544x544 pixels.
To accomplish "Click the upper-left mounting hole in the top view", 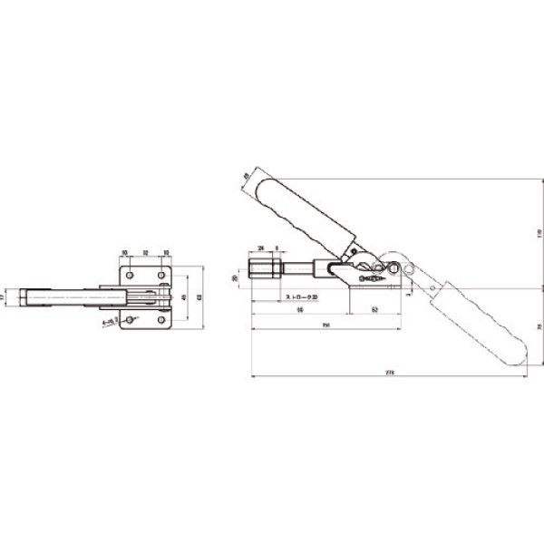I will click(x=131, y=274).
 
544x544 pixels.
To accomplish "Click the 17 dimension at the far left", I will click(x=4, y=296).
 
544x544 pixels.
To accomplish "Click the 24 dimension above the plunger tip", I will click(x=261, y=247).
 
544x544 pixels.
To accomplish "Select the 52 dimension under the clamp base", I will click(x=374, y=310).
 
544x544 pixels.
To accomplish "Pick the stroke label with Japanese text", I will click(x=299, y=296).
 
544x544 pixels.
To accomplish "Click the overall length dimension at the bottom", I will click(x=390, y=371).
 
